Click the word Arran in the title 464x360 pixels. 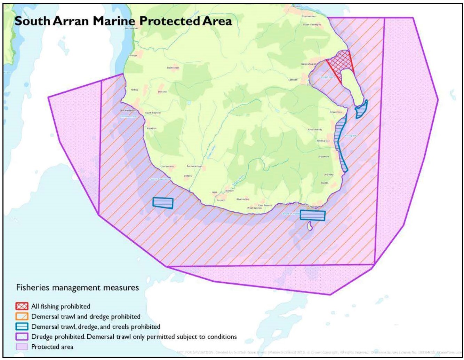click(70, 21)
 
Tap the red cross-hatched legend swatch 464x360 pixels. click(22, 307)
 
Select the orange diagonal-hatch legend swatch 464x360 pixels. click(22, 317)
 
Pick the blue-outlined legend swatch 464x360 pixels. click(22, 327)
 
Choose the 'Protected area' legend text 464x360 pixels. click(52, 347)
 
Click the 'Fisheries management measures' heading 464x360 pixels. click(78, 288)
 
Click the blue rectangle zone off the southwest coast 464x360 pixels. click(163, 203)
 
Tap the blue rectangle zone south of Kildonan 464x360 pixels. click(312, 216)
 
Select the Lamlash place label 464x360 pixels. click(293, 80)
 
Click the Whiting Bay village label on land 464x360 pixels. click(323, 141)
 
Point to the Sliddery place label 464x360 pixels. click(188, 176)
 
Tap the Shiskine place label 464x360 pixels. click(162, 92)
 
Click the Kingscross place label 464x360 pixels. click(336, 112)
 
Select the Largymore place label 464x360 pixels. click(323, 157)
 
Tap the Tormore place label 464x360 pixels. click(133, 55)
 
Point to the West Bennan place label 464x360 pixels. click(254, 208)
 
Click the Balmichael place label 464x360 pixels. click(173, 68)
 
